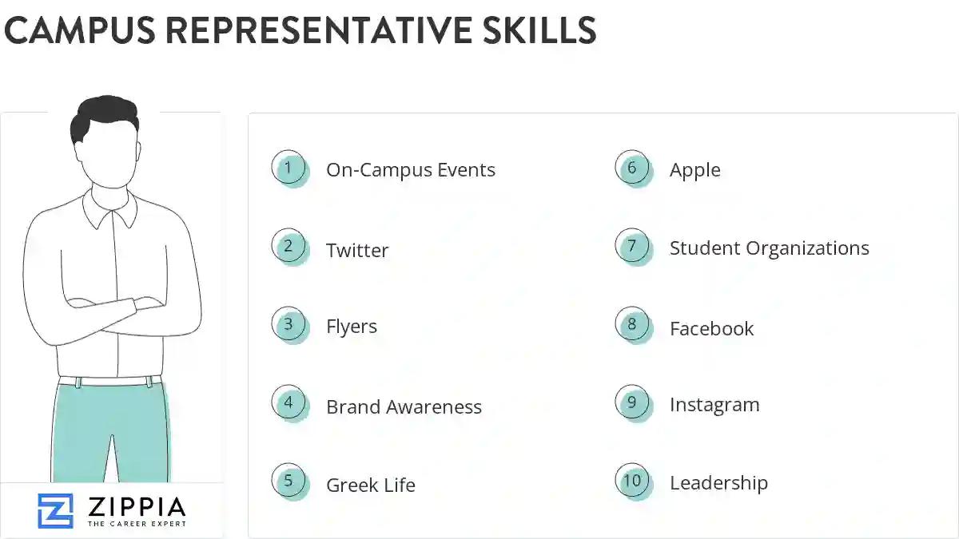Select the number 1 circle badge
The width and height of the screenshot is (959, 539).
(x=288, y=168)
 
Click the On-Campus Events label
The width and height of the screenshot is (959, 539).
(x=411, y=170)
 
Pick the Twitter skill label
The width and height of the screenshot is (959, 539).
(x=357, y=251)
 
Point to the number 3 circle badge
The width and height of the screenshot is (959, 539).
(x=288, y=325)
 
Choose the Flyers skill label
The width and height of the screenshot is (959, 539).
(x=352, y=327)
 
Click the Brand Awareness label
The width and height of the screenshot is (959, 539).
(x=404, y=407)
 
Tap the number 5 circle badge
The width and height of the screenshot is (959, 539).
(x=288, y=482)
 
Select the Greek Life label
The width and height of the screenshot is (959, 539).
(x=371, y=485)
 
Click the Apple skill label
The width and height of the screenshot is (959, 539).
(x=695, y=170)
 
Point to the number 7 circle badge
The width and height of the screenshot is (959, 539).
(x=632, y=246)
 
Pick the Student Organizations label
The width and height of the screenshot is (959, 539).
(x=770, y=248)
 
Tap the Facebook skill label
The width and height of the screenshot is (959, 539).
(x=712, y=329)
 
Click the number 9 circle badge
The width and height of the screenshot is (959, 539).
(x=632, y=402)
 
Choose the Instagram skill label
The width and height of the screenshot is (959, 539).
(x=714, y=405)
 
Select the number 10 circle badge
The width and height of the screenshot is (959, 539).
(x=632, y=481)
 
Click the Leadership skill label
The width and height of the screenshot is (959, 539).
(x=718, y=483)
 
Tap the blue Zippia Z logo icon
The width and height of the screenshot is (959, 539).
(x=55, y=511)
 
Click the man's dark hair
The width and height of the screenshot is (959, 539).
(x=105, y=117)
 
